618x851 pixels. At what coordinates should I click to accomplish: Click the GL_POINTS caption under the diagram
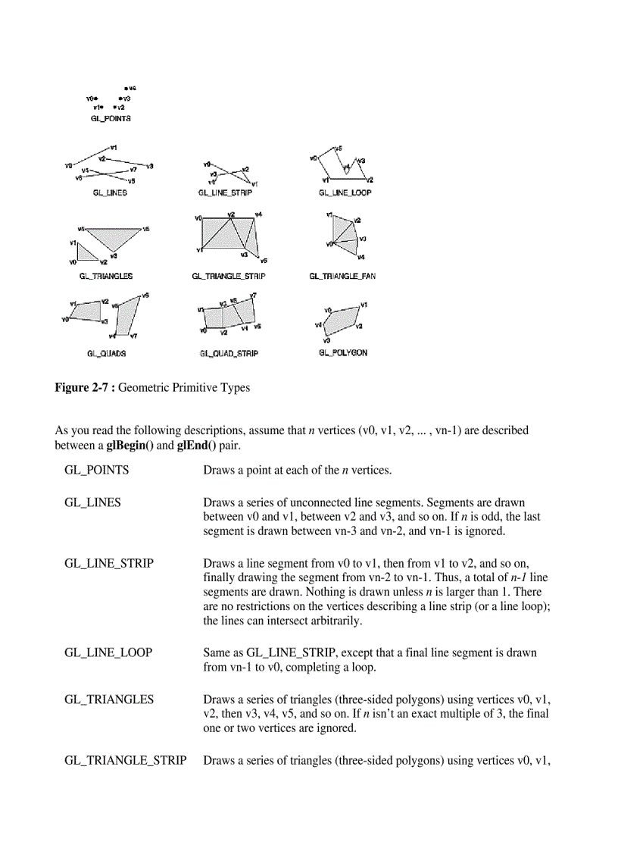point(111,119)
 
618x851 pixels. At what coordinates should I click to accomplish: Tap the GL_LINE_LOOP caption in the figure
point(345,193)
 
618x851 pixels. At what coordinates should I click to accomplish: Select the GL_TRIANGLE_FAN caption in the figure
point(342,277)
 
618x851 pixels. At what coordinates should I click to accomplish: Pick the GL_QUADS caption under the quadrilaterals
point(107,353)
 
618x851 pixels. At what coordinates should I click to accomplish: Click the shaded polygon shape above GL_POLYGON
point(342,319)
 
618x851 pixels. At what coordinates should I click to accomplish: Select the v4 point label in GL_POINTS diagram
point(131,89)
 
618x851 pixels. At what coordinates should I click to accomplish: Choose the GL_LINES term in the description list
point(92,502)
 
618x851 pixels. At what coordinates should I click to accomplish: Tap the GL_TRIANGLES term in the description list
point(109,699)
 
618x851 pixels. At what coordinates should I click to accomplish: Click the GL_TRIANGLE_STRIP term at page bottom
point(126,759)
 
